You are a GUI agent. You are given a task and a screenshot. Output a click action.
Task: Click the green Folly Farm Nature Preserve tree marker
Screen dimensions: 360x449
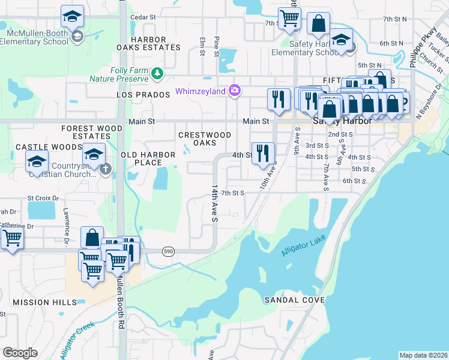[x=157, y=73]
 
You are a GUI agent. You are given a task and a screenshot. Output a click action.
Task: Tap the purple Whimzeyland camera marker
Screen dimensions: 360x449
[x=235, y=91]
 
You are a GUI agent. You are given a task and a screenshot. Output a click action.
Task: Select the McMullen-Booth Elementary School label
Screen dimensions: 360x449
[x=34, y=37]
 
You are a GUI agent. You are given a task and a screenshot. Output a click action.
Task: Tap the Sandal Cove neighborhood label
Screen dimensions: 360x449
[x=295, y=299]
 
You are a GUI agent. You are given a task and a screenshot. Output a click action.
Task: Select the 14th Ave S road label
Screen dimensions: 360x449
[x=213, y=203]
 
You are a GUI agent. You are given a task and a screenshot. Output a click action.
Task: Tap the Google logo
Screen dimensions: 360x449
[x=20, y=353]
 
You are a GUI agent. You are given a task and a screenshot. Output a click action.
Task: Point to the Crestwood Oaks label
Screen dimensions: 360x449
[x=205, y=139]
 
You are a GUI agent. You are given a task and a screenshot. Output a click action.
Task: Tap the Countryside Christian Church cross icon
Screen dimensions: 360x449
[x=106, y=169]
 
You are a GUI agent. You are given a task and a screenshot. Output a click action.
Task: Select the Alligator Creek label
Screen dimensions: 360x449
[x=77, y=340]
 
